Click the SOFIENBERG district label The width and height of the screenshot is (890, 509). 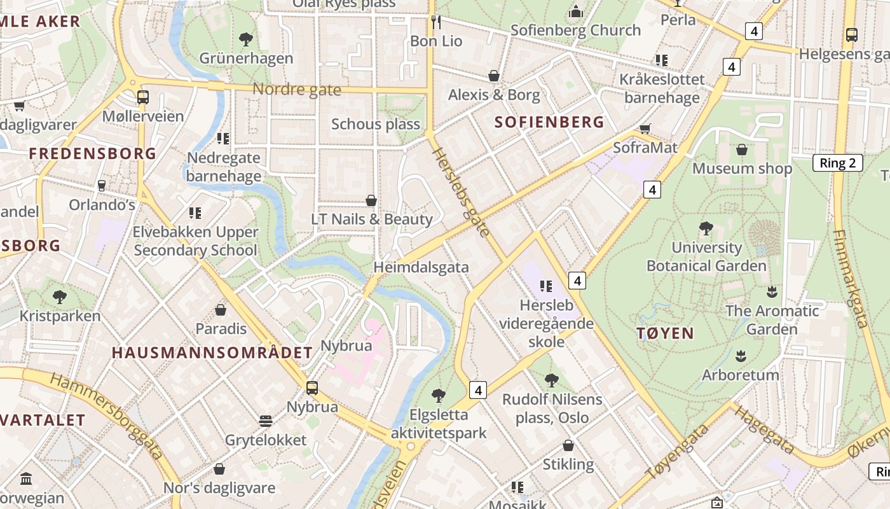pos(549,122)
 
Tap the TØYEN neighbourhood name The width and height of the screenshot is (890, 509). pos(665,333)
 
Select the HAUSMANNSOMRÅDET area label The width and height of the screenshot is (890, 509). pos(212,352)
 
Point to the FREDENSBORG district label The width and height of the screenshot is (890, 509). pos(93,153)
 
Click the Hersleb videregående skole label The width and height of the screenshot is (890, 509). pos(546,323)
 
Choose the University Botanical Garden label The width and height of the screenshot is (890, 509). pos(706,256)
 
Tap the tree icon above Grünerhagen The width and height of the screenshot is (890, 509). pos(246,39)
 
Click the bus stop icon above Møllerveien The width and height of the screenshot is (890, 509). pos(143,97)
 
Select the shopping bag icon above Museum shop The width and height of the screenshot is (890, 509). pos(741,150)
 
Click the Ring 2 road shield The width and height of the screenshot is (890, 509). pos(837,163)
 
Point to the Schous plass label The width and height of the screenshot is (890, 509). pos(375,124)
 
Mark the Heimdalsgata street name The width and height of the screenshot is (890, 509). pos(421,267)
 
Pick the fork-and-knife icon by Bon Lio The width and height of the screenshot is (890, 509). pos(436,22)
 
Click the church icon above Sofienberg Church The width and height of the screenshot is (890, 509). pos(576,11)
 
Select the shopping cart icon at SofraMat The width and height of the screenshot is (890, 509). pos(645,129)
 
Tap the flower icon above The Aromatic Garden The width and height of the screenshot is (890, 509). pos(772,292)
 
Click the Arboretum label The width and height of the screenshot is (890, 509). pos(740,375)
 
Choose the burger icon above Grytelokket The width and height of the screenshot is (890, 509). pos(266,421)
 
